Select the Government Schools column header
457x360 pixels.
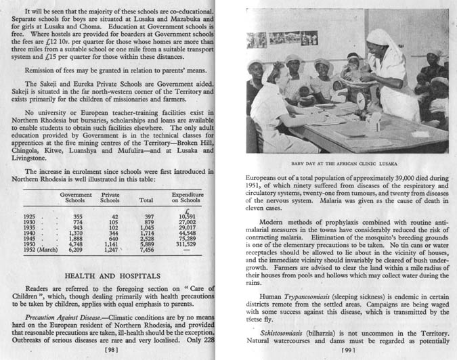tap(76, 198)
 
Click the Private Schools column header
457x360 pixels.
tap(110, 198)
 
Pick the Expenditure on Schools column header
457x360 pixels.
tap(183, 198)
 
